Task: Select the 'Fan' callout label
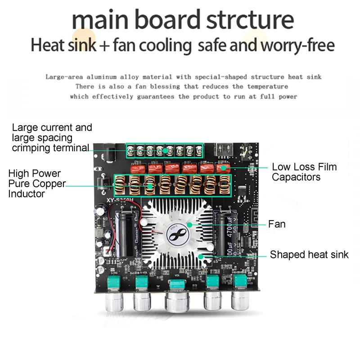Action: pos(277,224)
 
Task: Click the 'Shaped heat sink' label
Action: pos(309,255)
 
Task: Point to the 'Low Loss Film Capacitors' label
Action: pos(304,172)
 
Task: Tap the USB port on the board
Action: pos(223,149)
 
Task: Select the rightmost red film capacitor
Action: pos(222,168)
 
